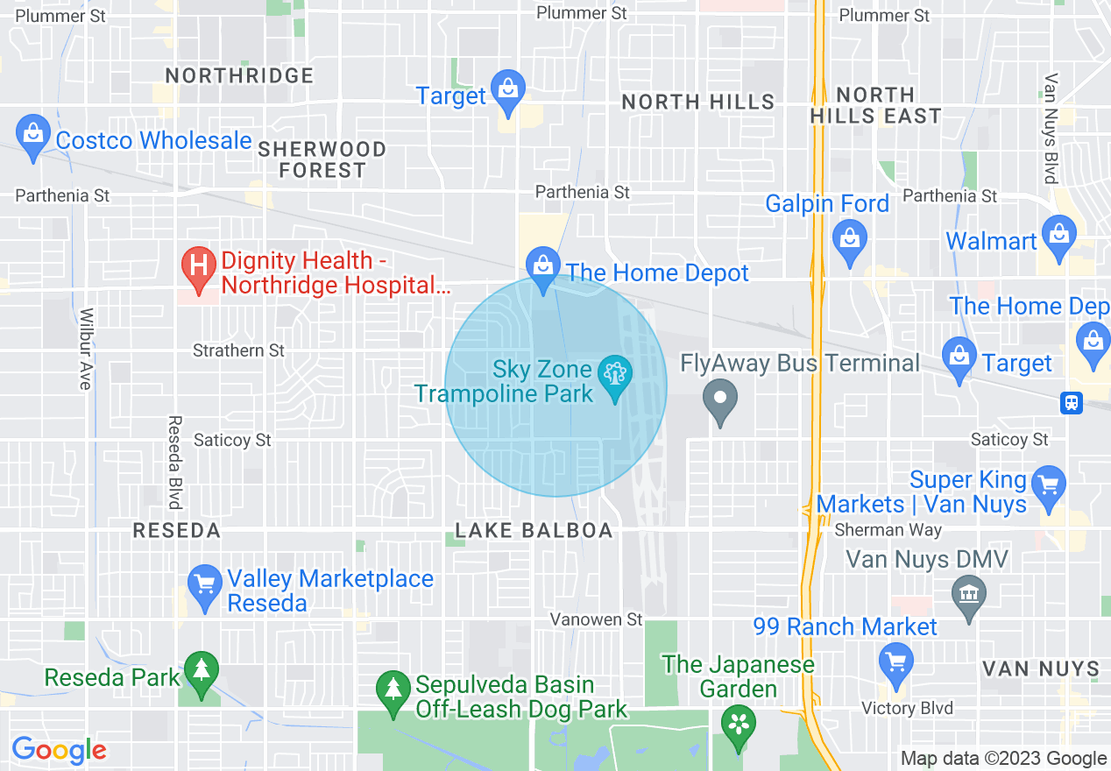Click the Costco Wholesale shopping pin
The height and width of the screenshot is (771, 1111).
click(x=33, y=137)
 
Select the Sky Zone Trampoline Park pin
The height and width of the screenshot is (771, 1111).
click(x=614, y=377)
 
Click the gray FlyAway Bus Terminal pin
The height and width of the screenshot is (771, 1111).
click(x=720, y=400)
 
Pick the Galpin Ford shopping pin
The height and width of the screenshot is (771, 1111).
click(x=849, y=239)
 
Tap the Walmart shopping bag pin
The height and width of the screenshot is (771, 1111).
click(x=1059, y=237)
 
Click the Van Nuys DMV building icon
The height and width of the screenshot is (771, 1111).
click(x=969, y=596)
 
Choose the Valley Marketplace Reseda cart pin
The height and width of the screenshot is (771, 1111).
click(x=205, y=585)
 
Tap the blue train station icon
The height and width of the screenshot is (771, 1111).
click(x=1071, y=403)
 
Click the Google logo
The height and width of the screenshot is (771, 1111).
click(x=59, y=750)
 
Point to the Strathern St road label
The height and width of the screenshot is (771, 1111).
click(x=238, y=350)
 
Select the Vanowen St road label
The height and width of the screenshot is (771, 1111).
click(x=596, y=619)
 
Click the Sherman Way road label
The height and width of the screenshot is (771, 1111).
click(x=888, y=530)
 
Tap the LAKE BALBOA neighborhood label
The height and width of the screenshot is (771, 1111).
click(x=533, y=531)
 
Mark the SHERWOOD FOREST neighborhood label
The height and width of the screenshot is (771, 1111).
click(x=322, y=159)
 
